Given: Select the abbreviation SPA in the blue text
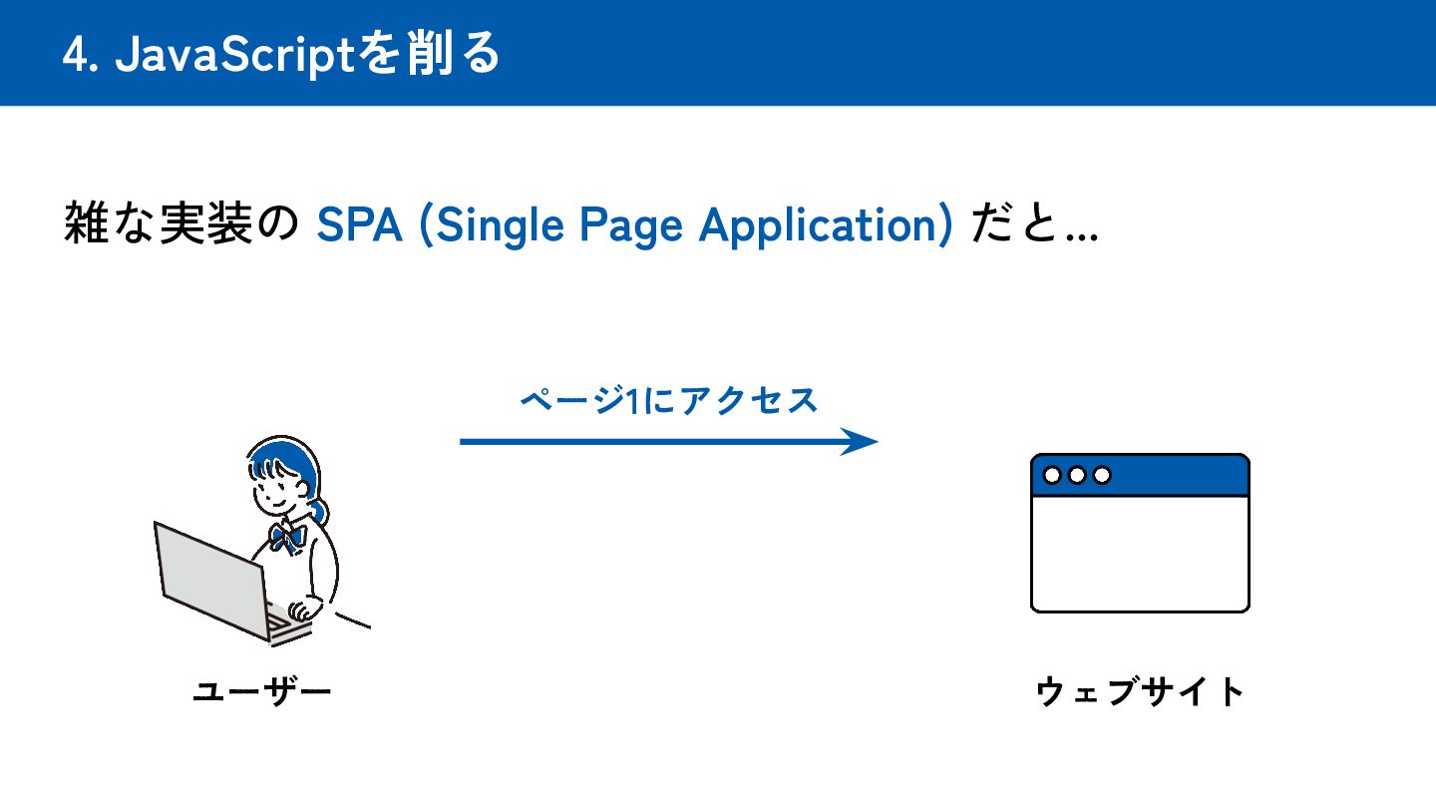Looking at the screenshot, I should point(359,226).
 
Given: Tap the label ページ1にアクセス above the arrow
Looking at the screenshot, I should point(668,400).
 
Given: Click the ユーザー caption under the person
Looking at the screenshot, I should point(261,690).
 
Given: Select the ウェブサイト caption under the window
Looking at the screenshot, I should point(1141,690).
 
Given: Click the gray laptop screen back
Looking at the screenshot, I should point(210,579).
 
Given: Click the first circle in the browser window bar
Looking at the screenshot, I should point(1052,475).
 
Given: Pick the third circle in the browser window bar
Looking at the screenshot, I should point(1102,475).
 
